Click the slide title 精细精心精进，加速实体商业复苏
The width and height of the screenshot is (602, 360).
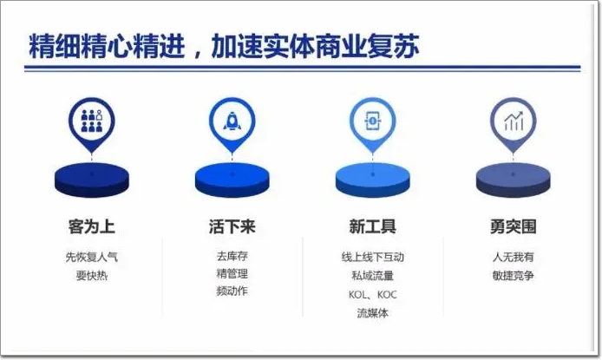pyautogui.click(x=224, y=46)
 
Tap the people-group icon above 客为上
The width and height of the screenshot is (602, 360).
pyautogui.click(x=92, y=121)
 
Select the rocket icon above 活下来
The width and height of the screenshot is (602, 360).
pyautogui.click(x=232, y=121)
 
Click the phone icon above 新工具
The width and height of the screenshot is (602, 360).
pyautogui.click(x=372, y=121)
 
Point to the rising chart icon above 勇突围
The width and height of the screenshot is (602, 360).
pyautogui.click(x=514, y=121)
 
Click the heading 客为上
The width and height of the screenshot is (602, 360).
pyautogui.click(x=92, y=226)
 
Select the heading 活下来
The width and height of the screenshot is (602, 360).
pyautogui.click(x=232, y=226)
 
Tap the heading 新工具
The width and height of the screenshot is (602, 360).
pyautogui.click(x=372, y=226)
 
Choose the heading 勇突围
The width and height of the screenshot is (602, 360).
pyautogui.click(x=514, y=226)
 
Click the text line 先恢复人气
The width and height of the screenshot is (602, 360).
pyautogui.click(x=92, y=257)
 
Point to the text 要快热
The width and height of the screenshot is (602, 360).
pyautogui.click(x=92, y=276)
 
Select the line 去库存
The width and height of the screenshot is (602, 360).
pyautogui.click(x=232, y=256)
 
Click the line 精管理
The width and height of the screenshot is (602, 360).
pyautogui.click(x=232, y=273)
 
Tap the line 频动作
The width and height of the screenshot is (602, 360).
pyautogui.click(x=232, y=291)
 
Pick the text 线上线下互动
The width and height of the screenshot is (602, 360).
pyautogui.click(x=372, y=257)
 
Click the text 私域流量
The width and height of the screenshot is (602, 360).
pyautogui.click(x=372, y=276)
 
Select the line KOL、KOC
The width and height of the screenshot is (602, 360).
pyautogui.click(x=372, y=295)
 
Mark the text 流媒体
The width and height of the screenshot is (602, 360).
pyautogui.click(x=372, y=313)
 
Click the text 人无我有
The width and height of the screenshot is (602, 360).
pyautogui.click(x=514, y=257)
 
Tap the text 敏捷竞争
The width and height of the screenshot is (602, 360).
pyautogui.click(x=514, y=276)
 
